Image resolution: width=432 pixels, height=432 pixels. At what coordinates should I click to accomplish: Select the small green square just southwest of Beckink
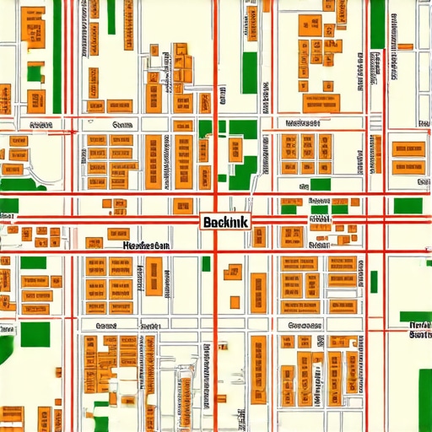206,263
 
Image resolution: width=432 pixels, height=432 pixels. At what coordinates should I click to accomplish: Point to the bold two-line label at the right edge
419,329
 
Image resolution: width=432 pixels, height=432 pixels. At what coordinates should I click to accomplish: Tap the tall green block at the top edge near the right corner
377,23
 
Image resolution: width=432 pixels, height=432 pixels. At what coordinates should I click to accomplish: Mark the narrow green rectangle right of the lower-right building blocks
374,281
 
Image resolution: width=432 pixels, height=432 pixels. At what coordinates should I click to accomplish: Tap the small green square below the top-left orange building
35,73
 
